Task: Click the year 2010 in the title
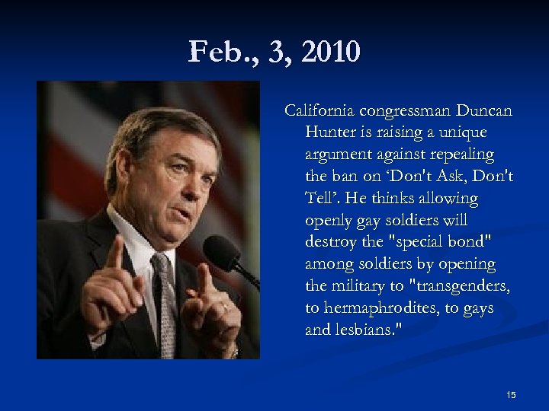tap(330, 53)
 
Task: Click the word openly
tap(329, 221)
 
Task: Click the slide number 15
tap(511, 394)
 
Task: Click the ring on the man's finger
tap(225, 306)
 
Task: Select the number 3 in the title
tap(279, 53)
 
